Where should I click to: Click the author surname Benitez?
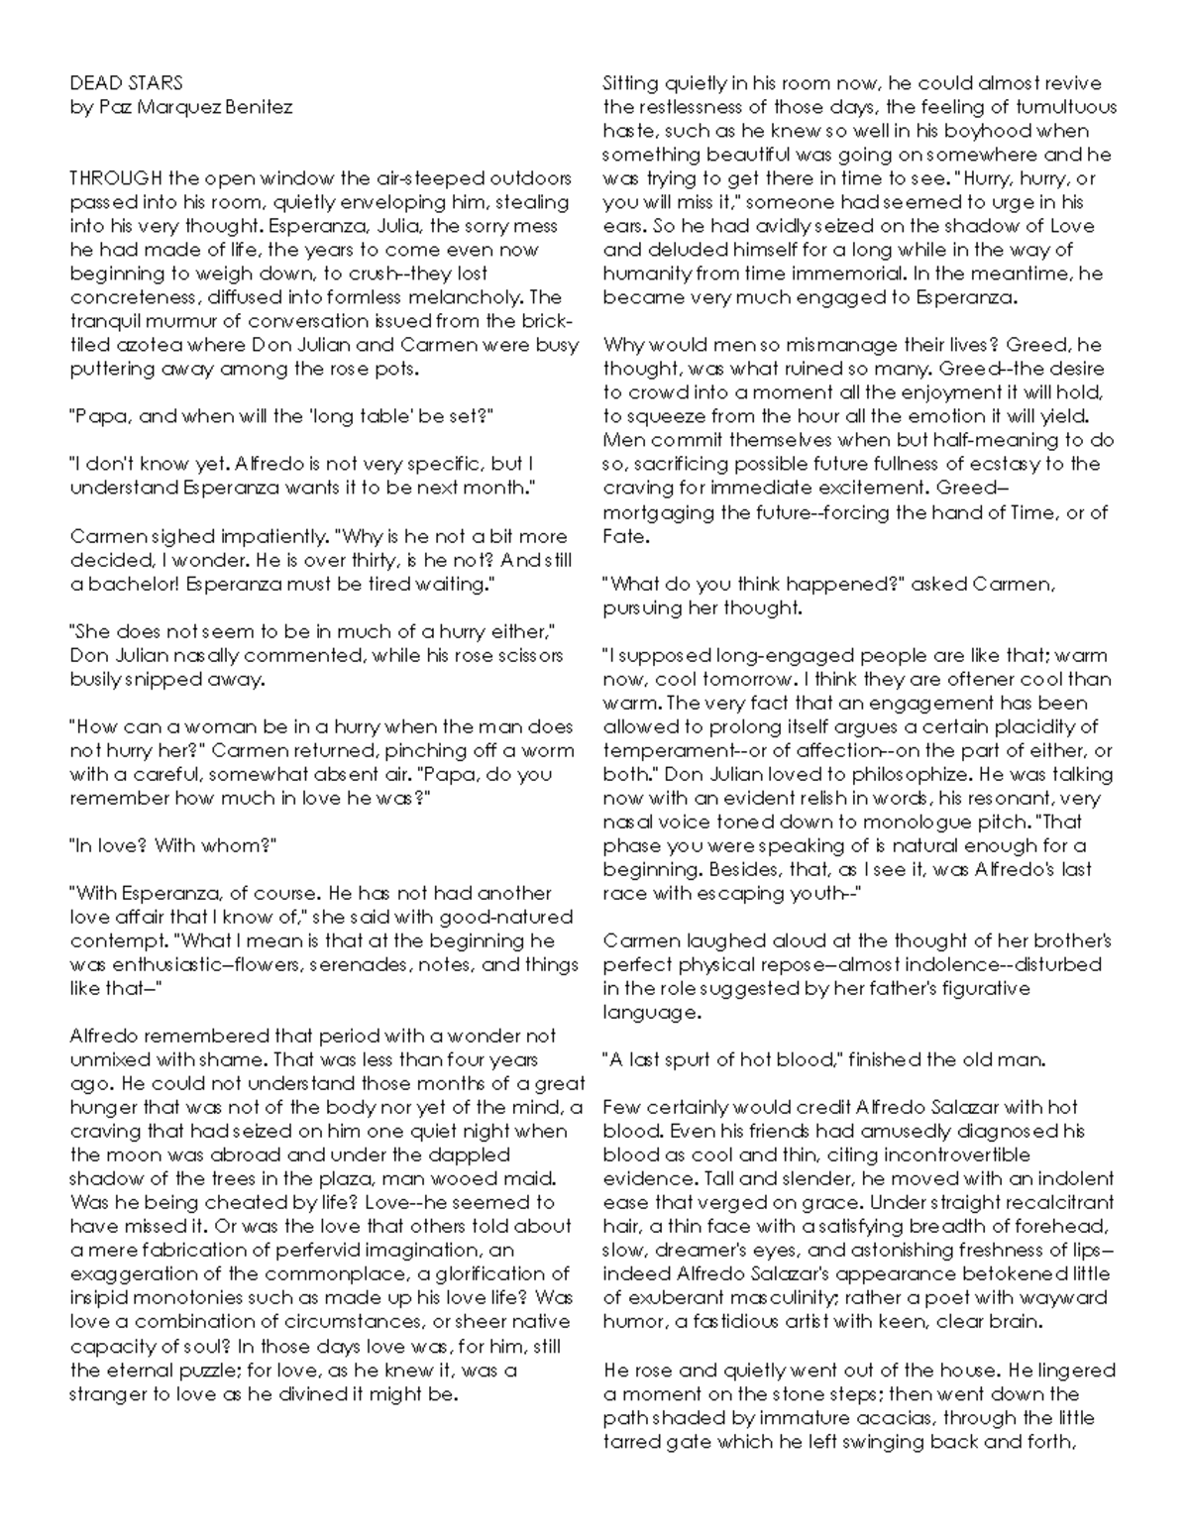point(259,107)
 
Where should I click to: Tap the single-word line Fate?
point(625,536)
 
